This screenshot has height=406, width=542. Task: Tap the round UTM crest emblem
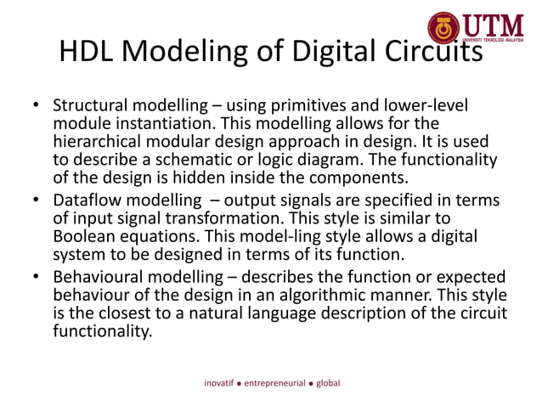point(443,28)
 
